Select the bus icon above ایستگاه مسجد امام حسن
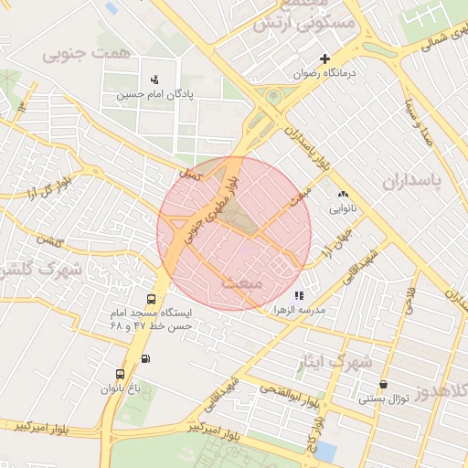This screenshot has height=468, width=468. pyautogui.click(x=151, y=299)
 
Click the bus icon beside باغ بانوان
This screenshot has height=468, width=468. pyautogui.click(x=120, y=374)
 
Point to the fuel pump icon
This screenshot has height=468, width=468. pyautogui.click(x=148, y=357)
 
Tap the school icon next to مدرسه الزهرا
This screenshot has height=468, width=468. pyautogui.click(x=298, y=295)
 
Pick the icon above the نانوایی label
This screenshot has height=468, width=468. pyautogui.click(x=343, y=194)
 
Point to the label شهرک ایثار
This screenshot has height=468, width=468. pyautogui.click(x=335, y=362)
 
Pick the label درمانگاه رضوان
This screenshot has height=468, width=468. pyautogui.click(x=324, y=73)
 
